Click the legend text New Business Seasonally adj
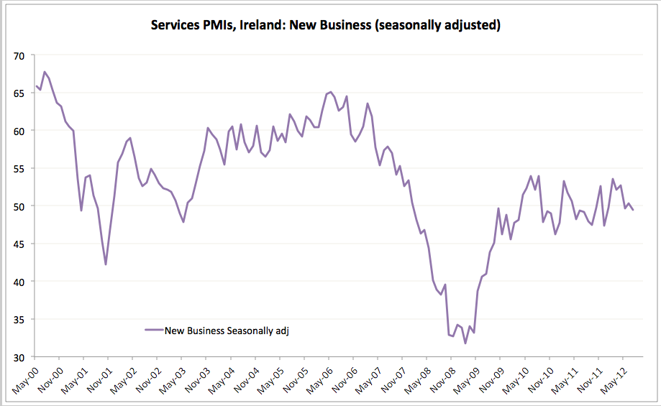coord(227,331)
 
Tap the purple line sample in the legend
coord(153,331)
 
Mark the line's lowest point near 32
coord(465,343)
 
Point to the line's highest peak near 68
coord(45,72)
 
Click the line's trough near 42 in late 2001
coord(106,264)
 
